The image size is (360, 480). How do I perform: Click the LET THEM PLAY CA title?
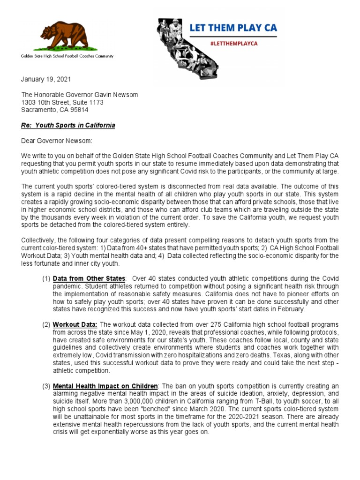coord(233,28)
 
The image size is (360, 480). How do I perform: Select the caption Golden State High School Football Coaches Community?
coord(67,56)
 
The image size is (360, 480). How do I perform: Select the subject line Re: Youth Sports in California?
coord(68,126)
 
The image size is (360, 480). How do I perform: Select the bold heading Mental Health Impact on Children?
coord(105,386)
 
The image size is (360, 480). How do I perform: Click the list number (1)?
coord(46,279)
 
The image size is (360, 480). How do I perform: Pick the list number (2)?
coord(46,324)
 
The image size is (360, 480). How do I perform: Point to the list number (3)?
coord(46,386)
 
